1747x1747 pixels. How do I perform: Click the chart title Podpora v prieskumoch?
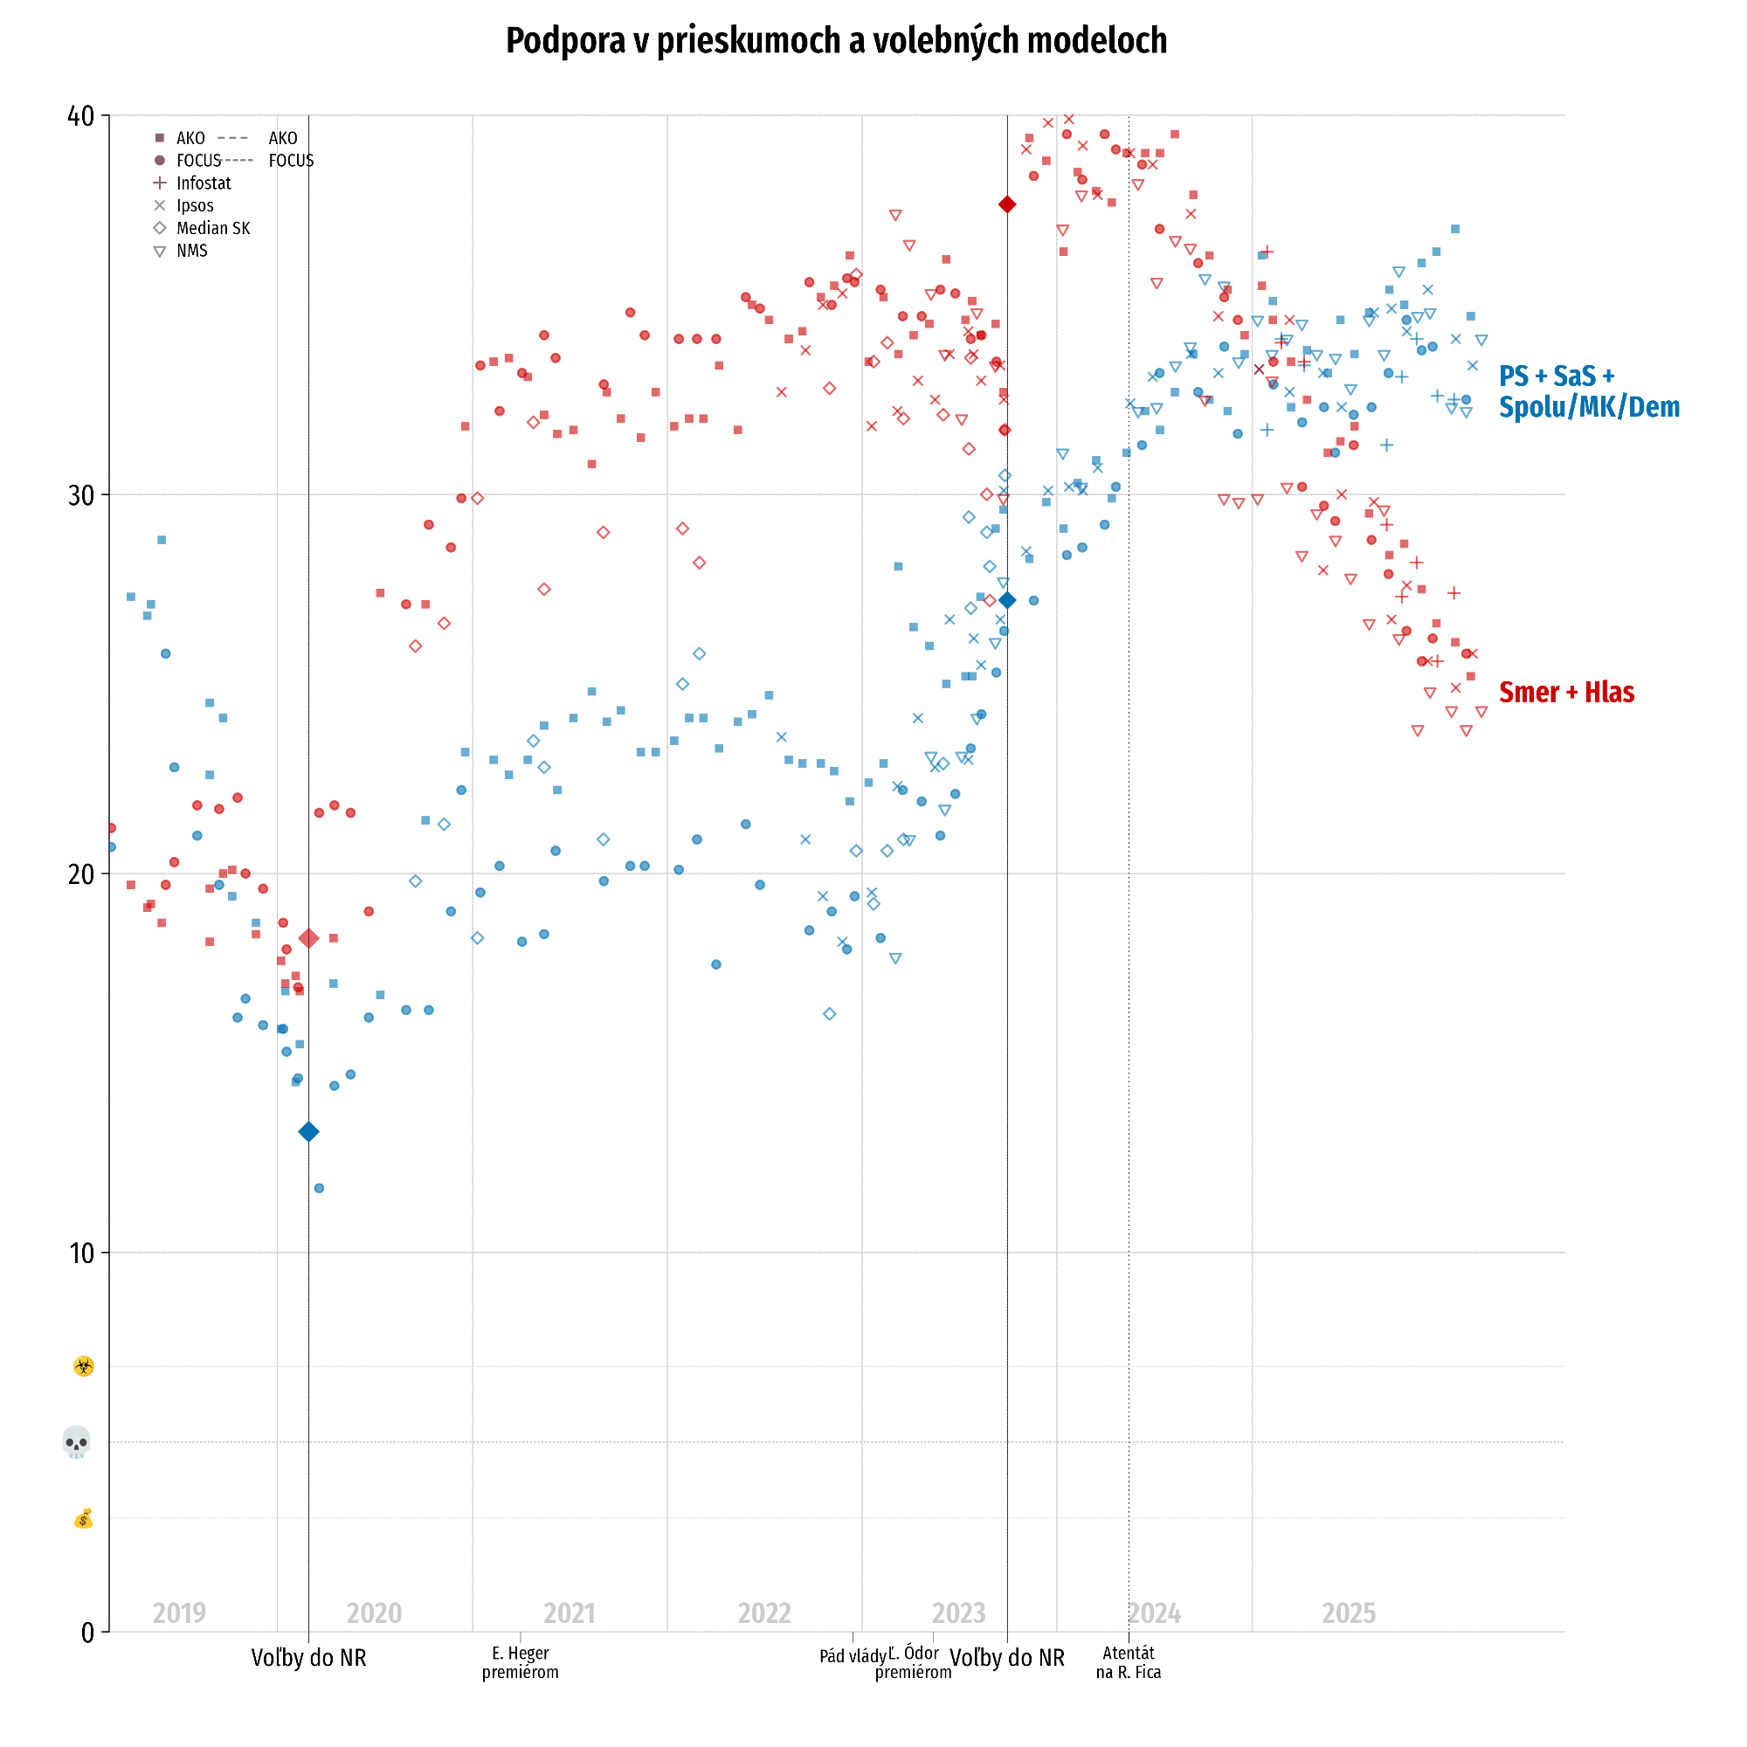[836, 41]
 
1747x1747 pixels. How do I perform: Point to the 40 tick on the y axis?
[81, 116]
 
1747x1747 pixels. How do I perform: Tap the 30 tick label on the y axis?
[81, 495]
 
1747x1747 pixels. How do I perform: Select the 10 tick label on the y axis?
[81, 1253]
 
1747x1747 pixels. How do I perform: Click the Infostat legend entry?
[203, 183]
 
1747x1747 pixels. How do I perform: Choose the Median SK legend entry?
[212, 229]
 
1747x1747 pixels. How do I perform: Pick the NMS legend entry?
[191, 252]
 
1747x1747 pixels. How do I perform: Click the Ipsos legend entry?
[195, 206]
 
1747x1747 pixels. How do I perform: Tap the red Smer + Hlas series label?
[1566, 693]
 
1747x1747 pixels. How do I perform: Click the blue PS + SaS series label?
[1588, 391]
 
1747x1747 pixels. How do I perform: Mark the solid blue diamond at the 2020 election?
[308, 1132]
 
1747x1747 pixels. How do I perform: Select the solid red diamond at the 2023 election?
[1007, 205]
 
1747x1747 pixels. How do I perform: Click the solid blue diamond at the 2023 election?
[1007, 600]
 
